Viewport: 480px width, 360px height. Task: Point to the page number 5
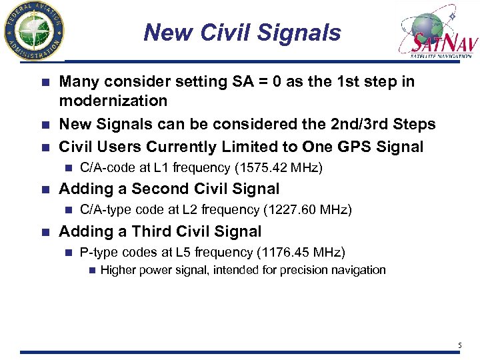pos(459,345)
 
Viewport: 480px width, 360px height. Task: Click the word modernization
pos(113,101)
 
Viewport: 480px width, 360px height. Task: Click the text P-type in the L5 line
pos(97,252)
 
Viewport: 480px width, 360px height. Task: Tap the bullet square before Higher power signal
pos(91,270)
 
